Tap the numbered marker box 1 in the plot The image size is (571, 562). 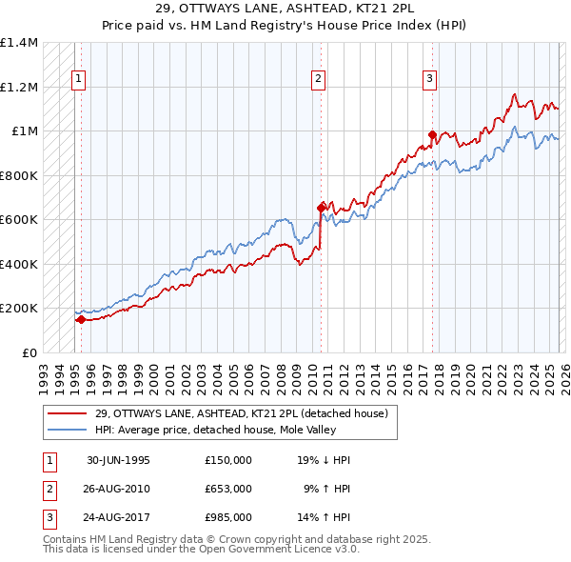(77, 79)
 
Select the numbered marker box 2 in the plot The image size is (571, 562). (318, 79)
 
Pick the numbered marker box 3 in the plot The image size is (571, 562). (429, 79)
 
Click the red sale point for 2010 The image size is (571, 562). (321, 206)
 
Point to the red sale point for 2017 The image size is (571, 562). (432, 134)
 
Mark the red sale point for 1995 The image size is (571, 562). (81, 320)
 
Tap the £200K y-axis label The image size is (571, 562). (18, 309)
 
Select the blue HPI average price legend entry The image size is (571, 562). (218, 431)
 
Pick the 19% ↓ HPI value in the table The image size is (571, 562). (323, 460)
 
